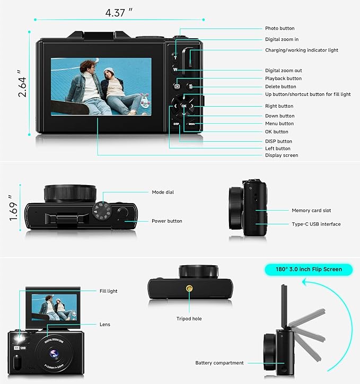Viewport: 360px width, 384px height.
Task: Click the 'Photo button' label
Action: pyautogui.click(x=279, y=28)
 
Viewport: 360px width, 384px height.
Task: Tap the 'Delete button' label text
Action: pyautogui.click(x=280, y=86)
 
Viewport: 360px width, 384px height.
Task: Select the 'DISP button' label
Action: pyautogui.click(x=278, y=141)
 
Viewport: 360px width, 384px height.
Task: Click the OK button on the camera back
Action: pyautogui.click(x=183, y=106)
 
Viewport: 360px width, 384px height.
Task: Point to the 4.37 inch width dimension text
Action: pyautogui.click(x=119, y=11)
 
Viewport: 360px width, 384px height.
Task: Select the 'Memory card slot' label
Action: pyautogui.click(x=312, y=211)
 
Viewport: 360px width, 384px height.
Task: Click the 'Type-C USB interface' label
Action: pyautogui.click(x=316, y=224)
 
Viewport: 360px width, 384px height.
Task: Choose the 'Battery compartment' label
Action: pyautogui.click(x=219, y=363)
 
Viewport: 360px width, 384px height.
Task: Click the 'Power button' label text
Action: pyautogui.click(x=166, y=221)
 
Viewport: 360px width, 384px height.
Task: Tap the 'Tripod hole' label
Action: pyautogui.click(x=189, y=319)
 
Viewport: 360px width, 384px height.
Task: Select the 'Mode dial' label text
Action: pyautogui.click(x=162, y=192)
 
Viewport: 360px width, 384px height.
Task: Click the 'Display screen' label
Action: pyautogui.click(x=282, y=155)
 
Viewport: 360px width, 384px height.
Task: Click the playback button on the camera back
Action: pyautogui.click(x=177, y=86)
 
